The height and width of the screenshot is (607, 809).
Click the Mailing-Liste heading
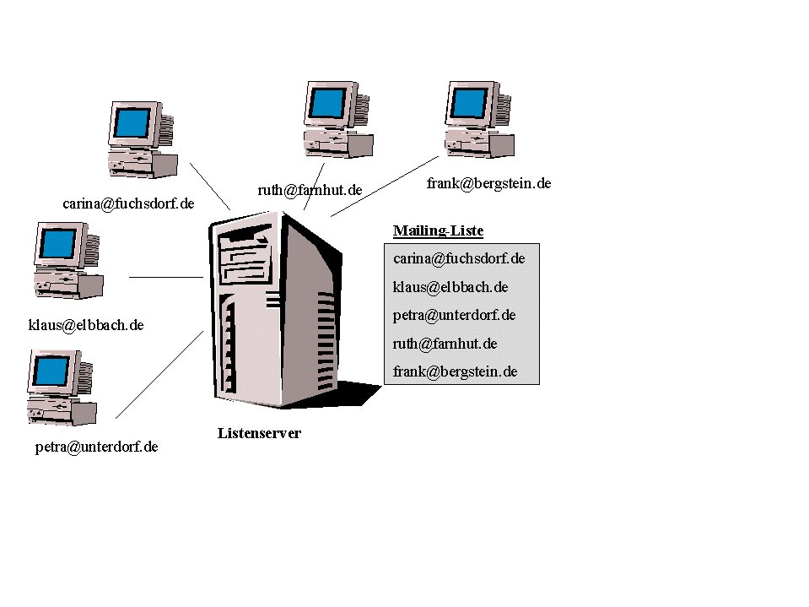[438, 230]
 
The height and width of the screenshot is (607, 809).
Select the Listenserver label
[259, 433]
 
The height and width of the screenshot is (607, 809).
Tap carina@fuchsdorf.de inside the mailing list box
[459, 258]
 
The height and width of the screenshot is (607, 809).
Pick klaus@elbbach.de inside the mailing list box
[450, 287]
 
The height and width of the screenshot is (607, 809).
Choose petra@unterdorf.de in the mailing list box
[454, 315]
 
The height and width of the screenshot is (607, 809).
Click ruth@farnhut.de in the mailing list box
[445, 344]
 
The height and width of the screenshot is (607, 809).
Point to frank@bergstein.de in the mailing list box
[455, 371]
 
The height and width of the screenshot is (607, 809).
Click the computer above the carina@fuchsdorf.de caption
[141, 139]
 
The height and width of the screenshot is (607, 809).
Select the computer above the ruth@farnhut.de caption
[337, 119]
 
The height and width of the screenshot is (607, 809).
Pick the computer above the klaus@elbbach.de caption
[67, 260]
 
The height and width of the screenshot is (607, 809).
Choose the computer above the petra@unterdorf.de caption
[60, 388]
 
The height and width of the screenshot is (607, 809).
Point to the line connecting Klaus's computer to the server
[165, 277]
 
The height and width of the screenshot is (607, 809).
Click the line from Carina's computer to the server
[210, 186]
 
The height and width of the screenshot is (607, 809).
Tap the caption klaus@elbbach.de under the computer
[86, 324]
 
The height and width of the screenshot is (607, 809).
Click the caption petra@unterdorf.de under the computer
[96, 447]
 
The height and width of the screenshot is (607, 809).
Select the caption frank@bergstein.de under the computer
[488, 182]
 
